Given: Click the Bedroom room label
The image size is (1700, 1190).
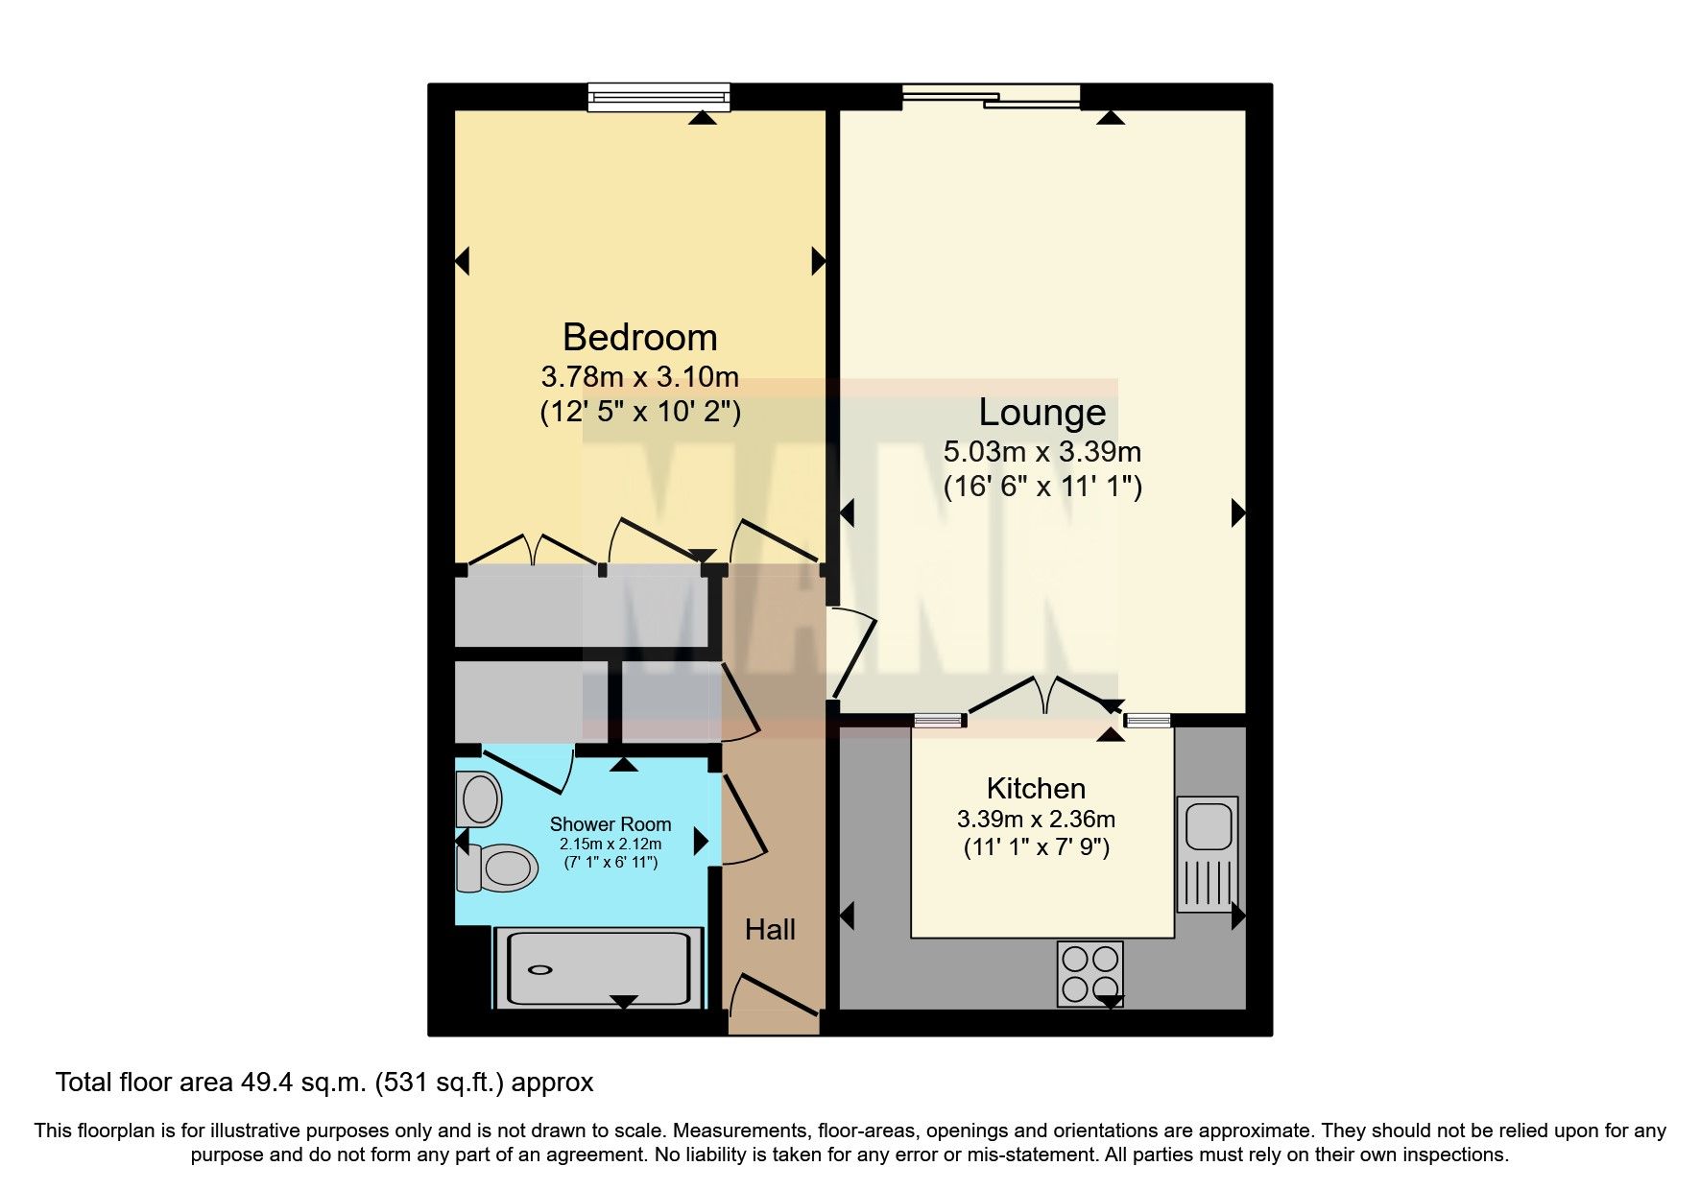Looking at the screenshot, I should [x=639, y=338].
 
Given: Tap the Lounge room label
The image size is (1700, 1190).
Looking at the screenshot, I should [x=1042, y=413].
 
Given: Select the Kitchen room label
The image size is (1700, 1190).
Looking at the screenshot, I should [x=1036, y=789].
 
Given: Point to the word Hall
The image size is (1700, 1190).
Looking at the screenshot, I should [x=770, y=929].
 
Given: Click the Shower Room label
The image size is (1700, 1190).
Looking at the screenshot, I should [x=610, y=824].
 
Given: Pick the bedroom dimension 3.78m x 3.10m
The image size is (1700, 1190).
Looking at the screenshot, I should [x=639, y=376].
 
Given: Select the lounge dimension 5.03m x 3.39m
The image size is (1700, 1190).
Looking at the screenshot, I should [x=1042, y=451].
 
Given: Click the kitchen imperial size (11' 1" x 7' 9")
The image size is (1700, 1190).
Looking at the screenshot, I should [x=1036, y=847].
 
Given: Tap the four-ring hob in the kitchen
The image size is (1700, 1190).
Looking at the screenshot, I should [x=1089, y=973].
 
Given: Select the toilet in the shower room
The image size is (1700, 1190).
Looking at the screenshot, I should [x=499, y=869].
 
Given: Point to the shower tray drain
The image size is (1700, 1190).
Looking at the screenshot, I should [x=541, y=969].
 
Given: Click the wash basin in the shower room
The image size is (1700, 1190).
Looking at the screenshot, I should [x=478, y=798].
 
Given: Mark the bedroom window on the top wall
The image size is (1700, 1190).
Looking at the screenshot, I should [x=658, y=96].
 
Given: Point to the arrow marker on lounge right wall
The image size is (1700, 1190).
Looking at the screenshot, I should [x=1238, y=513].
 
